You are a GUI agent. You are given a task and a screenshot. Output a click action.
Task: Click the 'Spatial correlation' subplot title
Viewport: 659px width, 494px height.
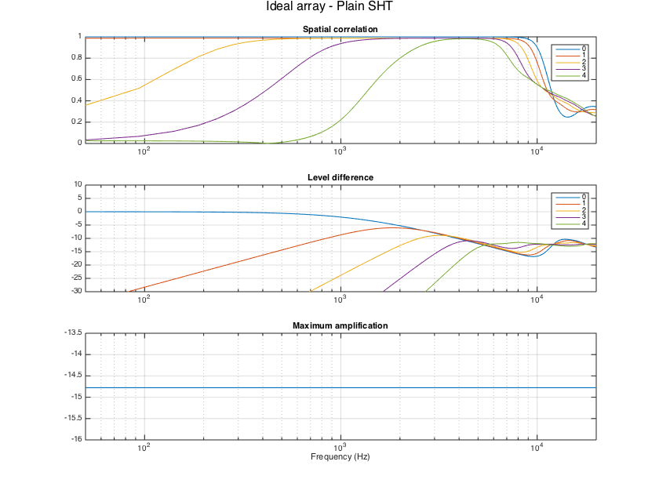(x=340, y=30)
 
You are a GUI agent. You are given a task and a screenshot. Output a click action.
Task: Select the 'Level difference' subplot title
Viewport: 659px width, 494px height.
(x=340, y=177)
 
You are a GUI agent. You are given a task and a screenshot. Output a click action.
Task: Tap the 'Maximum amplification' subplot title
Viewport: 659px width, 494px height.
(x=340, y=325)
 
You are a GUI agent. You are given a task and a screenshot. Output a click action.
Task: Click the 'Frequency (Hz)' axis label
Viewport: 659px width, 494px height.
(x=340, y=456)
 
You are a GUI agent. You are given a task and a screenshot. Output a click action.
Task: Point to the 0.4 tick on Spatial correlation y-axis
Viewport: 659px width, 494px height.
(x=78, y=100)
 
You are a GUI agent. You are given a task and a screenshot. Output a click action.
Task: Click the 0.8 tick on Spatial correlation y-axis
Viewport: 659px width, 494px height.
(x=78, y=58)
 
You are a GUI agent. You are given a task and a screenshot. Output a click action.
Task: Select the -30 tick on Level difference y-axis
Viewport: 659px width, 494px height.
(x=76, y=291)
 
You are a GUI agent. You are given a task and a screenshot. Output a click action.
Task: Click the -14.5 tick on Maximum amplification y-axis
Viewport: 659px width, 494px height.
(x=73, y=376)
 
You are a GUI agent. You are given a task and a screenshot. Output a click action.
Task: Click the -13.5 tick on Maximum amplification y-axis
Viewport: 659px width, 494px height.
(x=73, y=333)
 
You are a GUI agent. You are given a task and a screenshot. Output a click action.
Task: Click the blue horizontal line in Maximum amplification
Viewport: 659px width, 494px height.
(x=340, y=388)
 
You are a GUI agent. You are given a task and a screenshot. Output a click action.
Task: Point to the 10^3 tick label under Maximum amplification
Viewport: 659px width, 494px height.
(x=340, y=447)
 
